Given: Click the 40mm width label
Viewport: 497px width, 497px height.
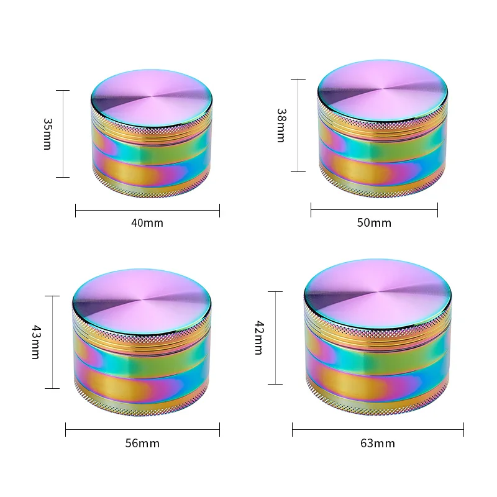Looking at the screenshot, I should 147,222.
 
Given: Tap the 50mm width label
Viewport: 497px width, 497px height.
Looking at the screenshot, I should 374,222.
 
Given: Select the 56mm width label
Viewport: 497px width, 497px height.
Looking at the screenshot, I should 142,443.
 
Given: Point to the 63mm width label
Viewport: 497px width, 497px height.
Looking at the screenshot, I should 377,443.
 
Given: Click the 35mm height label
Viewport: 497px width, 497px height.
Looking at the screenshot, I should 47,134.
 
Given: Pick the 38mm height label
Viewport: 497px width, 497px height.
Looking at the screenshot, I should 280,125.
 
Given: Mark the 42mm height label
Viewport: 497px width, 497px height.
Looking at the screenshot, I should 259,337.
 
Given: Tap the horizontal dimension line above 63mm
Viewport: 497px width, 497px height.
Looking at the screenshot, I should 377,429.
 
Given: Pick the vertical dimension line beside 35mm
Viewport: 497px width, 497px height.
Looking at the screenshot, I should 63,134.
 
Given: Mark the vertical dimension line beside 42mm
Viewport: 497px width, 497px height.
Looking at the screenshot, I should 275,337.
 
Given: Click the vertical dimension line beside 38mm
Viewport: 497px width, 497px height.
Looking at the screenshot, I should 298,125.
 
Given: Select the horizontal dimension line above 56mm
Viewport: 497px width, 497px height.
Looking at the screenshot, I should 142,429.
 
